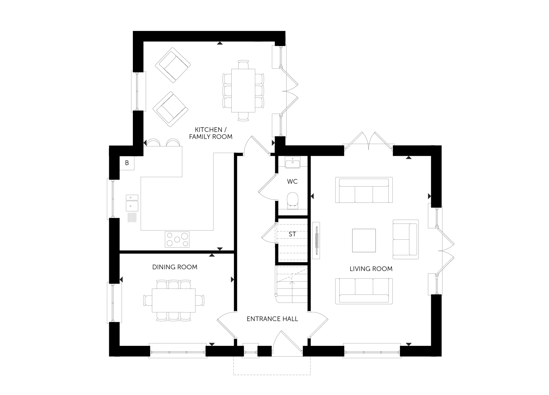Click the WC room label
(x=292, y=181)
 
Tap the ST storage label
(x=292, y=234)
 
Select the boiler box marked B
(x=127, y=163)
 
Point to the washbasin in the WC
(x=293, y=162)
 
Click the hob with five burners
(x=177, y=239)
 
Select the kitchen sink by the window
(x=132, y=203)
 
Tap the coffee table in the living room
(x=364, y=240)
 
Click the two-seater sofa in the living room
(x=405, y=239)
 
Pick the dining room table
(x=174, y=300)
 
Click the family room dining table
(x=243, y=91)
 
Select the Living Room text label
(x=371, y=269)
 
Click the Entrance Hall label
(x=272, y=319)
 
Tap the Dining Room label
(x=175, y=267)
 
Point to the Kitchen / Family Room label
(x=211, y=133)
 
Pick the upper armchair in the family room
(x=173, y=65)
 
